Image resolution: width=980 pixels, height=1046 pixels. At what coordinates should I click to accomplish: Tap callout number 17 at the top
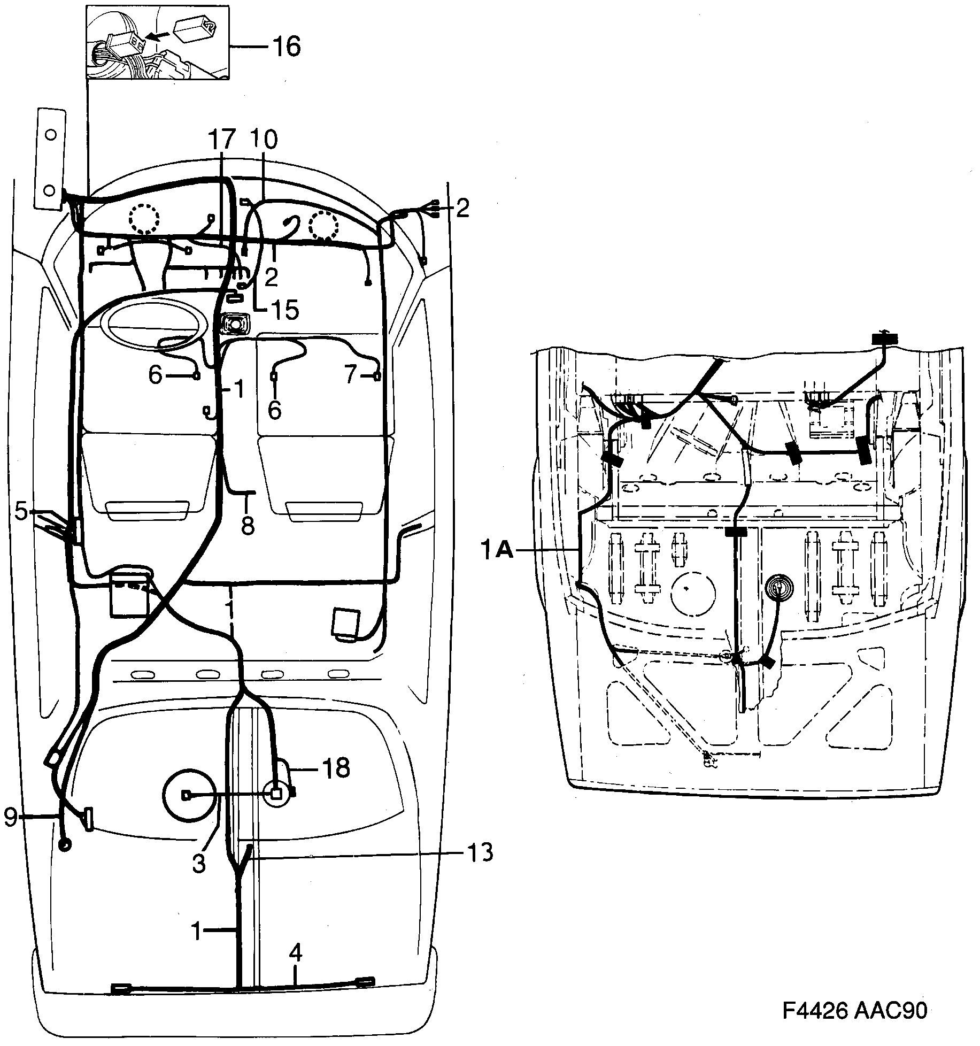[x=222, y=140]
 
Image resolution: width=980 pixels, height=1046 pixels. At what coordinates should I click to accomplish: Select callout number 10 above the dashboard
[x=263, y=140]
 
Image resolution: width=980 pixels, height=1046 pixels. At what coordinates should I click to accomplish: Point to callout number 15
[x=284, y=310]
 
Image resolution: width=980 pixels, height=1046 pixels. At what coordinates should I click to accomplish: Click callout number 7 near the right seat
[x=350, y=375]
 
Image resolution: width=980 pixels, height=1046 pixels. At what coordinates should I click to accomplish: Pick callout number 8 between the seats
[x=247, y=525]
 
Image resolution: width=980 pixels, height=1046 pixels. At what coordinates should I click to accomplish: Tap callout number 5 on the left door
[x=21, y=511]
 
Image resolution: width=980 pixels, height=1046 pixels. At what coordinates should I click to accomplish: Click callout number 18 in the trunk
[x=335, y=769]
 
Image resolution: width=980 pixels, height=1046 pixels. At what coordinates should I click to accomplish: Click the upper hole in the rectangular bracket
[x=50, y=135]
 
